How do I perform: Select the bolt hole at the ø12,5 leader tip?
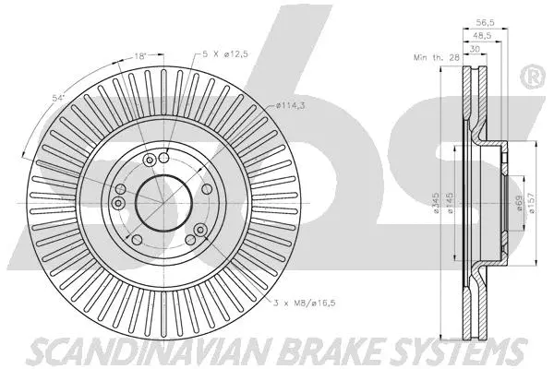pos(163,158)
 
